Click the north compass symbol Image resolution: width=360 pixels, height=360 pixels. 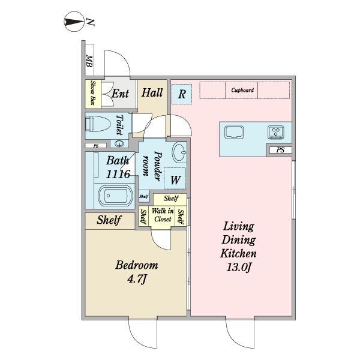pyautogui.click(x=74, y=22)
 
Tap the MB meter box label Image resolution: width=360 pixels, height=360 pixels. pyautogui.click(x=89, y=61)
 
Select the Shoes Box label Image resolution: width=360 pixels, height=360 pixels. pyautogui.click(x=93, y=93)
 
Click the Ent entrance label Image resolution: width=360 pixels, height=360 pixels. pyautogui.click(x=121, y=94)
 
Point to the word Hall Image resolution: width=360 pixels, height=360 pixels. pyautogui.click(x=152, y=93)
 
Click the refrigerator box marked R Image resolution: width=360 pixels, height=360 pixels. pyautogui.click(x=182, y=94)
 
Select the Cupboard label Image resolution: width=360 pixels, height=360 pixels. pyautogui.click(x=242, y=90)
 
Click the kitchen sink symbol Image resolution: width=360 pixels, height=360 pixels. pyautogui.click(x=234, y=132)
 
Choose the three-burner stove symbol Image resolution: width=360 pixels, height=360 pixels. pyautogui.click(x=276, y=132)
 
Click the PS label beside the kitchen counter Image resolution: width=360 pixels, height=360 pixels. pyautogui.click(x=280, y=150)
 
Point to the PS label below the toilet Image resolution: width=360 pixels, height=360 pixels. pyautogui.click(x=96, y=146)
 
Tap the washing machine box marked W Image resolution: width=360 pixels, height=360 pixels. pyautogui.click(x=175, y=179)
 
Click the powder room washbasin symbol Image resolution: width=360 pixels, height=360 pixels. pyautogui.click(x=179, y=152)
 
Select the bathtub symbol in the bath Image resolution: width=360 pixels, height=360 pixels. pyautogui.click(x=116, y=196)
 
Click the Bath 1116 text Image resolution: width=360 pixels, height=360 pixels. pyautogui.click(x=118, y=167)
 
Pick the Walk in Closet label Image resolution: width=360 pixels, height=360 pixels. pyautogui.click(x=163, y=215)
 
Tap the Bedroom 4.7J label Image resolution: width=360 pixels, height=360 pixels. pyautogui.click(x=137, y=272)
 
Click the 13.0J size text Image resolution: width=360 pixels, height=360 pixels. pyautogui.click(x=239, y=267)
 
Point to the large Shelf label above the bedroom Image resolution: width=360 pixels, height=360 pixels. pyautogui.click(x=109, y=220)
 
